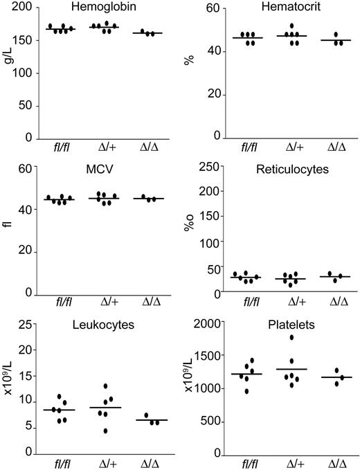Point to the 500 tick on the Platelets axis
210,421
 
